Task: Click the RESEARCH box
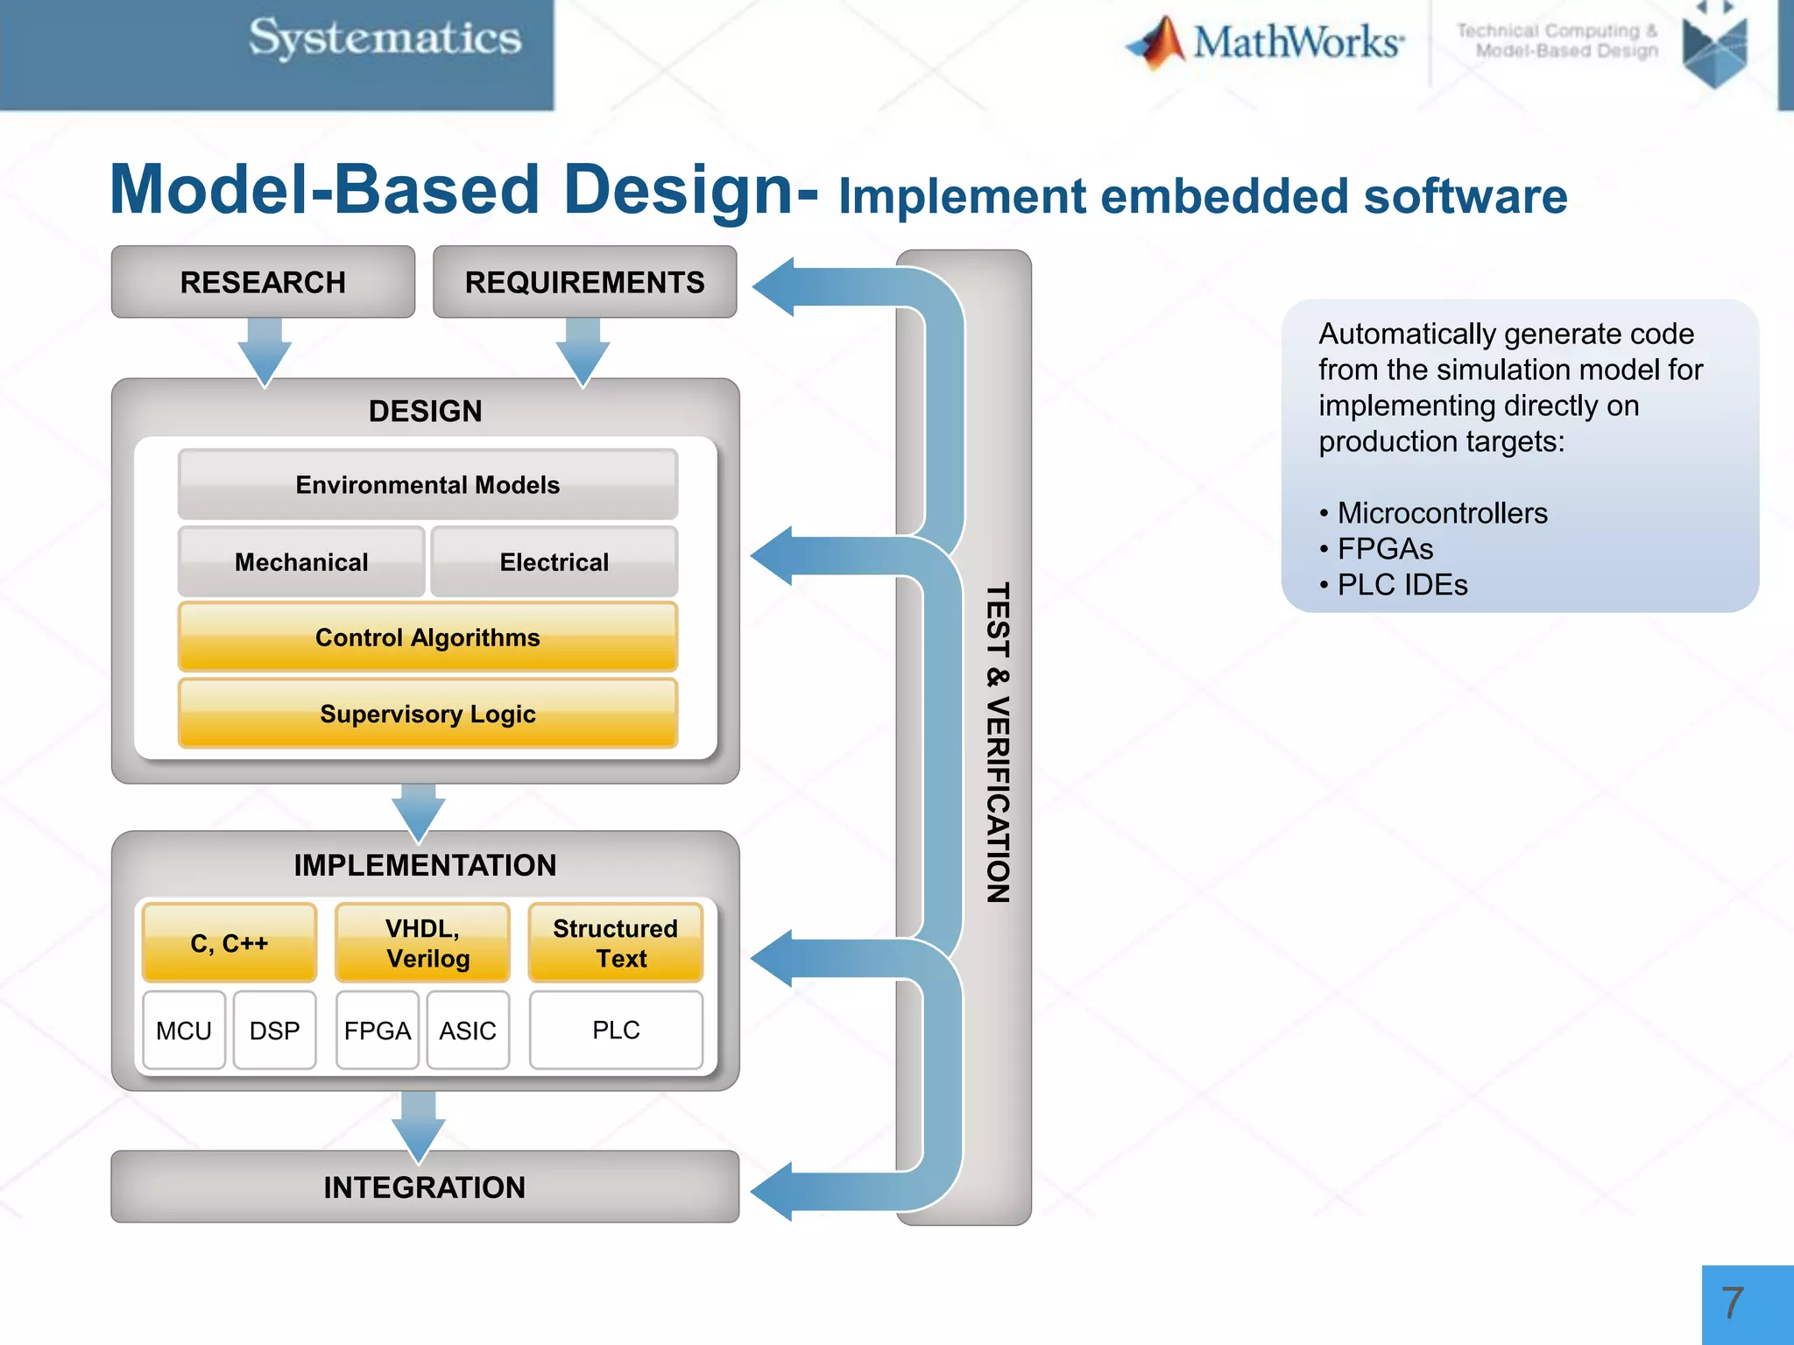coord(263,282)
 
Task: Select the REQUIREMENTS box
coord(584,282)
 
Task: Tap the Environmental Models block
coord(427,484)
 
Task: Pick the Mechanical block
coord(301,561)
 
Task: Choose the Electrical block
coord(554,561)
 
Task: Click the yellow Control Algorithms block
coord(427,637)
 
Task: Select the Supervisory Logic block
coord(427,714)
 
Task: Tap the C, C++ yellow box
coord(230,943)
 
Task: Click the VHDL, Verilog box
coord(423,943)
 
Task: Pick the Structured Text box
coord(616,943)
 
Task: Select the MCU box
coord(184,1031)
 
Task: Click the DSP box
coord(274,1031)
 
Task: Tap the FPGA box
coord(378,1031)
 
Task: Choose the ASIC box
coord(468,1031)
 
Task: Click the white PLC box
coord(616,1030)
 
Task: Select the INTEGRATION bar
coord(425,1187)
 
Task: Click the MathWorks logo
coord(1266,42)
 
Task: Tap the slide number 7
coord(1732,1304)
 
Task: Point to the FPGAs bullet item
coord(1385,549)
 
